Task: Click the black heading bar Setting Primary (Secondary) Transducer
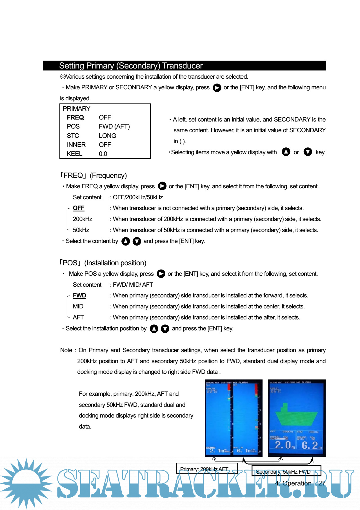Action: (x=184, y=66)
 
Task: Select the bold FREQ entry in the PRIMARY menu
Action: (x=75, y=117)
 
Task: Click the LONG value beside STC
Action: (x=107, y=136)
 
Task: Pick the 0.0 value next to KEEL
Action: (x=103, y=154)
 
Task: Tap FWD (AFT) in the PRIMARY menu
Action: (x=114, y=126)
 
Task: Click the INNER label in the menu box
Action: (x=76, y=145)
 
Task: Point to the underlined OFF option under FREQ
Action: (x=79, y=208)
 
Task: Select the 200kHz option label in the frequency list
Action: (x=83, y=219)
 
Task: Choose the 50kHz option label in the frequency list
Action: (x=81, y=230)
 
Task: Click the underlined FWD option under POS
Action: (x=79, y=295)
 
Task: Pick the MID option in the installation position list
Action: (x=78, y=306)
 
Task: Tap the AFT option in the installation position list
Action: (x=78, y=317)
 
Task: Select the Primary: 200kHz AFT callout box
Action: (x=206, y=469)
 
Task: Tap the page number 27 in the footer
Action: (x=322, y=483)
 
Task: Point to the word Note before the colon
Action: (x=66, y=350)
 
